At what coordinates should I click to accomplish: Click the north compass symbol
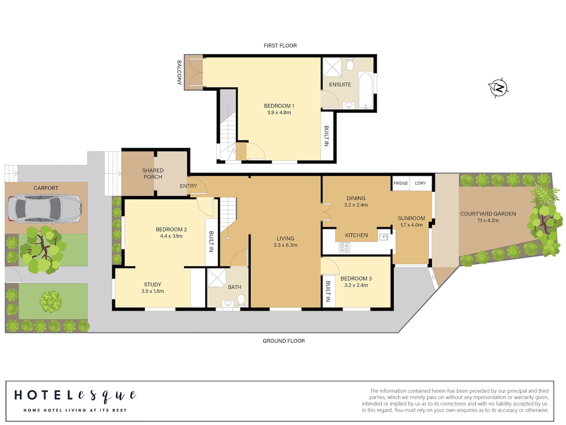tap(498, 88)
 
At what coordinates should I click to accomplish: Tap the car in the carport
tap(44, 208)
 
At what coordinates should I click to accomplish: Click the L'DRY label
tap(420, 183)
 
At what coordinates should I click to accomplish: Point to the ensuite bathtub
tap(365, 90)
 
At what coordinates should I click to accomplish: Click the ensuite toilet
tap(350, 64)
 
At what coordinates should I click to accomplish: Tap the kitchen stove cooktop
tap(344, 247)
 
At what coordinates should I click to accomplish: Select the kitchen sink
tap(383, 237)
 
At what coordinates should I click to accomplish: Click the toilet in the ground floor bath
tap(241, 300)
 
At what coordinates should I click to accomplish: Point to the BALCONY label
tap(179, 73)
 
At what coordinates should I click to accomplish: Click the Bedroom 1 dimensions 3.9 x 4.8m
tap(279, 112)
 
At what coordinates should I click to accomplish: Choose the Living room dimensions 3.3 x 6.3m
tap(285, 245)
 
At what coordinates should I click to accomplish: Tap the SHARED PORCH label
tap(153, 174)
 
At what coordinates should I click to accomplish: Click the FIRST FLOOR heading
tap(280, 46)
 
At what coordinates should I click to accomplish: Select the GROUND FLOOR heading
tap(283, 341)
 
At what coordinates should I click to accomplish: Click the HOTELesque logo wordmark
tap(75, 396)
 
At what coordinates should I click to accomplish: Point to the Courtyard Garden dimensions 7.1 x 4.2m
tap(488, 221)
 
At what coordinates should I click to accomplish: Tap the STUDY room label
tap(152, 284)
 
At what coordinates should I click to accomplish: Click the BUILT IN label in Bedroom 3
tap(328, 291)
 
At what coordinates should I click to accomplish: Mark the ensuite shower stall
tap(333, 67)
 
